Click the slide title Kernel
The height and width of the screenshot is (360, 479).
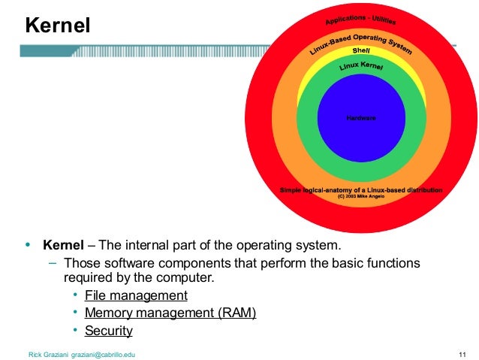click(x=58, y=26)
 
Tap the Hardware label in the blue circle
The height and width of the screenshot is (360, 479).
click(x=361, y=118)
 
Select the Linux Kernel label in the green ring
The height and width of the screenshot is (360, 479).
click(x=361, y=68)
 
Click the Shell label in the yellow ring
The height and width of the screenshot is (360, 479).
click(x=361, y=51)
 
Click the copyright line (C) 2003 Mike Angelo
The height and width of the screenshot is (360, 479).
click(x=361, y=197)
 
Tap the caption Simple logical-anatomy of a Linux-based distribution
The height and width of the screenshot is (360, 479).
click(x=361, y=190)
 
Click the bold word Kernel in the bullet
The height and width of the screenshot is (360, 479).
click(x=63, y=246)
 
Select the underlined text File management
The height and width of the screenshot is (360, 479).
click(x=136, y=295)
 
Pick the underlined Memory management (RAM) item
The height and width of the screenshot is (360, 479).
click(x=170, y=313)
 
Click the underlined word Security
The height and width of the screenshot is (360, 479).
click(x=109, y=331)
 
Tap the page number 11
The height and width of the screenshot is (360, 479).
click(x=462, y=353)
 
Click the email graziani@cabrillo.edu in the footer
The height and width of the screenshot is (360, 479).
click(x=103, y=353)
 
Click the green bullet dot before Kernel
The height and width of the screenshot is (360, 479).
click(x=29, y=246)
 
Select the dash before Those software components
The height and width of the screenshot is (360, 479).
click(x=53, y=263)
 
